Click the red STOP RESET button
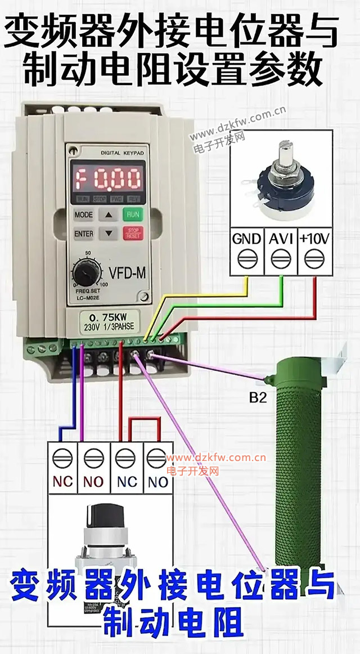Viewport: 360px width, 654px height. (133, 233)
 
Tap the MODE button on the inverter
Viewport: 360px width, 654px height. (83, 215)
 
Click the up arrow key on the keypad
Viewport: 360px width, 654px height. (109, 215)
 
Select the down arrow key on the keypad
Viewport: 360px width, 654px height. (109, 233)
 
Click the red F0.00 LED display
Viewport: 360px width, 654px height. (107, 179)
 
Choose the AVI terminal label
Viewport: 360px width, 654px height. (280, 238)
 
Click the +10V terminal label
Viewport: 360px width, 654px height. (314, 238)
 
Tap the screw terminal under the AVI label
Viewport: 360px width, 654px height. (280, 259)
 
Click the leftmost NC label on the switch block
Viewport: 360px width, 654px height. (62, 481)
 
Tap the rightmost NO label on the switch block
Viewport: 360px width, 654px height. (158, 481)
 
